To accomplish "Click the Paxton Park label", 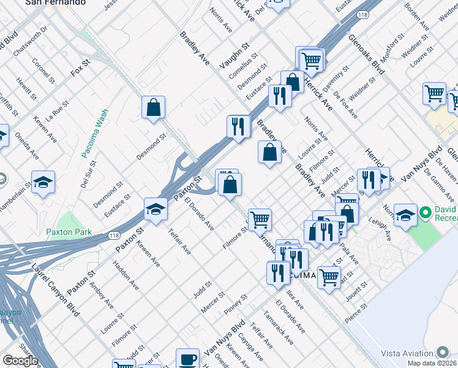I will click(69, 232).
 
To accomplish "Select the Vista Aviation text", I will click(407, 353).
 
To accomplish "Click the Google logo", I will click(20, 361).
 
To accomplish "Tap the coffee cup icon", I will click(187, 359).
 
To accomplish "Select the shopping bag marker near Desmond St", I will click(153, 107).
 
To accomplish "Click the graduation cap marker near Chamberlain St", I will click(43, 182).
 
